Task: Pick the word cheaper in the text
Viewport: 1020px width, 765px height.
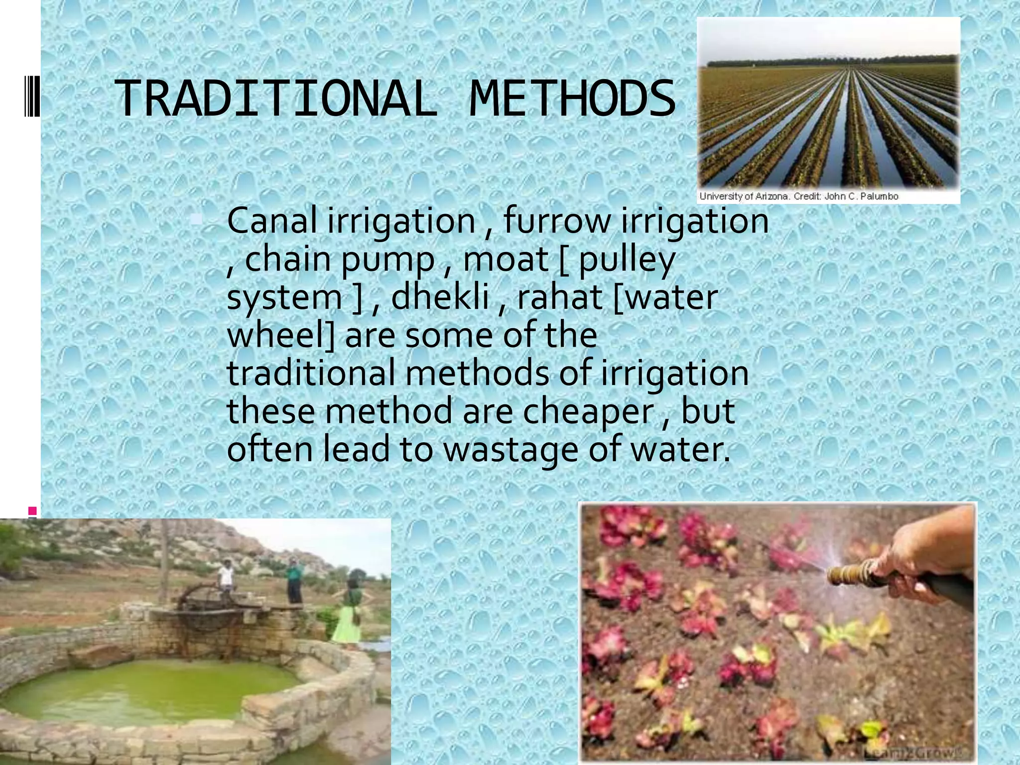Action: pyautogui.click(x=588, y=411)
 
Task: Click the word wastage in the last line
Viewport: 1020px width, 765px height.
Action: pyautogui.click(x=510, y=449)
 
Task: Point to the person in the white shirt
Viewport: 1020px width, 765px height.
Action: pyautogui.click(x=226, y=577)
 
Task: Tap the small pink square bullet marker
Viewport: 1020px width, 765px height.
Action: pyautogui.click(x=32, y=510)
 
